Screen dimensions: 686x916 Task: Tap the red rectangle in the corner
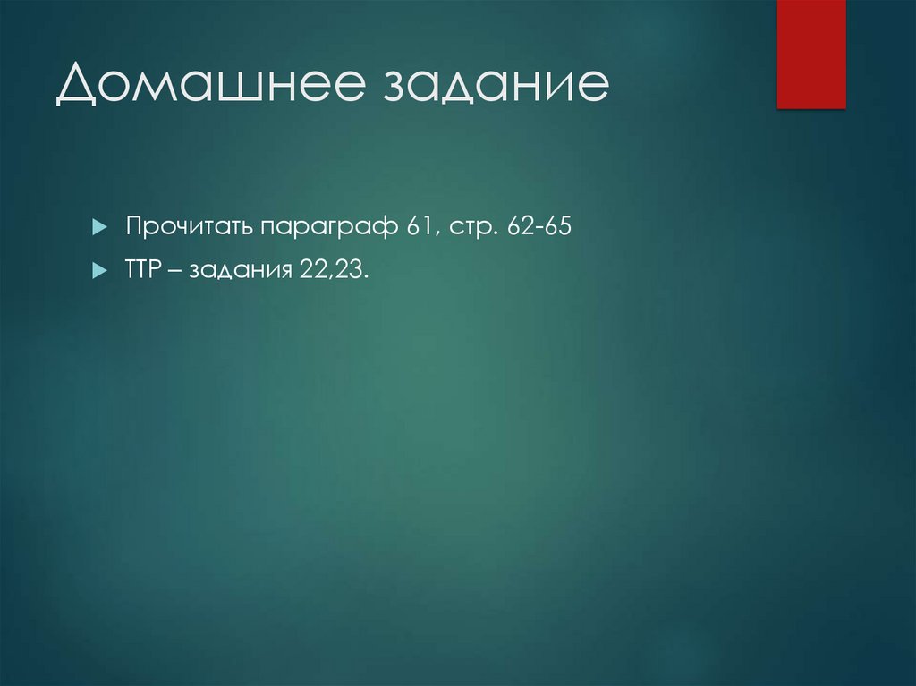tap(810, 54)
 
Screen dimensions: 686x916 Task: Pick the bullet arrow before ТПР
tap(99, 271)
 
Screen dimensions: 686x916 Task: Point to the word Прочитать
tap(190, 227)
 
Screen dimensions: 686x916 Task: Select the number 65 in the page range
tap(556, 227)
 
